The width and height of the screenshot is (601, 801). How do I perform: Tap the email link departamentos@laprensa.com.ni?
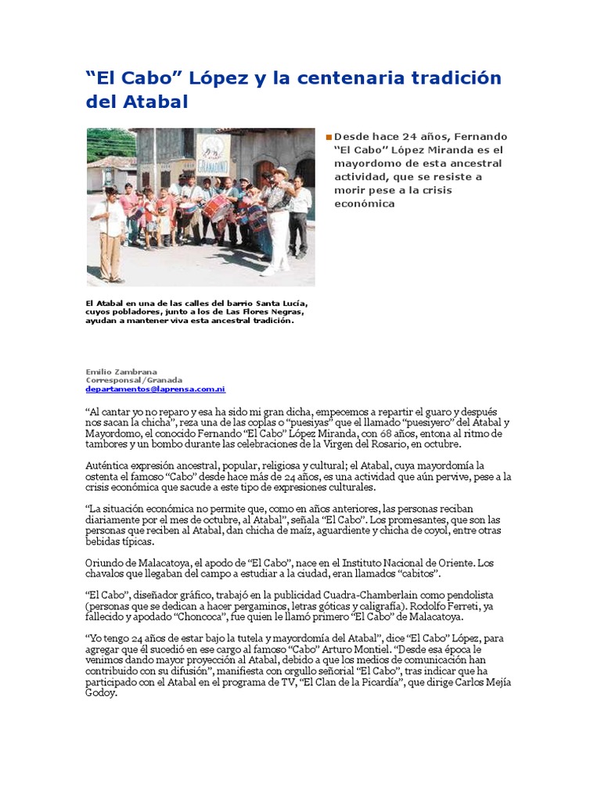[x=155, y=389]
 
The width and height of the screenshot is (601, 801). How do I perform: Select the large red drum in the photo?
[x=217, y=207]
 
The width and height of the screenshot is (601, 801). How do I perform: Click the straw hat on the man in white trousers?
[x=279, y=171]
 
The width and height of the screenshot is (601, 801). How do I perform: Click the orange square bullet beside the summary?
[x=329, y=137]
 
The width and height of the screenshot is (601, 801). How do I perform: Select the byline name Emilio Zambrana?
[x=121, y=372]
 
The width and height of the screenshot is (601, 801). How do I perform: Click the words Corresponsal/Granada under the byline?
[x=134, y=380]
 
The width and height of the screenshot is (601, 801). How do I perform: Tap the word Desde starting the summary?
[x=351, y=136]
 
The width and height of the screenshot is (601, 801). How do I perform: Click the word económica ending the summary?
[x=364, y=203]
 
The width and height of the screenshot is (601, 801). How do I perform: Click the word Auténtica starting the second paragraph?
[x=110, y=465]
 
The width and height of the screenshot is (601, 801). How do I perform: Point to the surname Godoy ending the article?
[x=102, y=693]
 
